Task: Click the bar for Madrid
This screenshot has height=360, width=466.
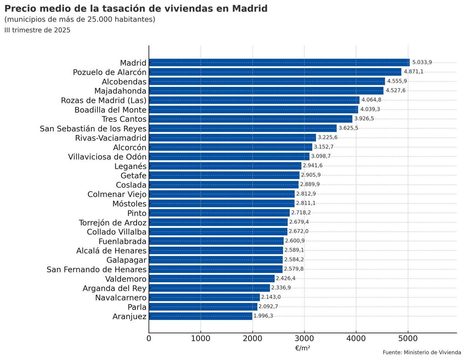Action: click(x=279, y=63)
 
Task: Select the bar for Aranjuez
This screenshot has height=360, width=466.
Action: click(x=200, y=316)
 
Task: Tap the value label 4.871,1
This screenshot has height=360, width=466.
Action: click(x=414, y=72)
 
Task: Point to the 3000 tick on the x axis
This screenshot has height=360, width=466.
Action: click(x=304, y=339)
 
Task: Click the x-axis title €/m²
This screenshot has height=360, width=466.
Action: click(x=303, y=348)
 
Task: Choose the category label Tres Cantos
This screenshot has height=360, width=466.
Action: click(x=124, y=119)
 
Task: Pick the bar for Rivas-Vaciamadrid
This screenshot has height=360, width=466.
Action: click(x=232, y=138)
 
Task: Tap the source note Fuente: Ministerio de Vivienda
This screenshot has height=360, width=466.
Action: click(x=422, y=353)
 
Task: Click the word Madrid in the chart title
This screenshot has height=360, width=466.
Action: click(x=250, y=9)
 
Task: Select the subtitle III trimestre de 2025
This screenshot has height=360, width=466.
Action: click(x=37, y=30)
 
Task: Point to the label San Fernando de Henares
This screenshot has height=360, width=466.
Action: click(x=96, y=270)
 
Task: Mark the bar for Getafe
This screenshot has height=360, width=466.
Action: click(x=224, y=175)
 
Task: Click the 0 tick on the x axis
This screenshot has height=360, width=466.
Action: click(x=149, y=339)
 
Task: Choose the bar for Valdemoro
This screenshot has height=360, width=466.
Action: click(x=212, y=278)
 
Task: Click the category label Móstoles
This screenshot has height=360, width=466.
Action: click(x=129, y=204)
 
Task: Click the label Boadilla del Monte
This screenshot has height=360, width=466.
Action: click(x=110, y=110)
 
